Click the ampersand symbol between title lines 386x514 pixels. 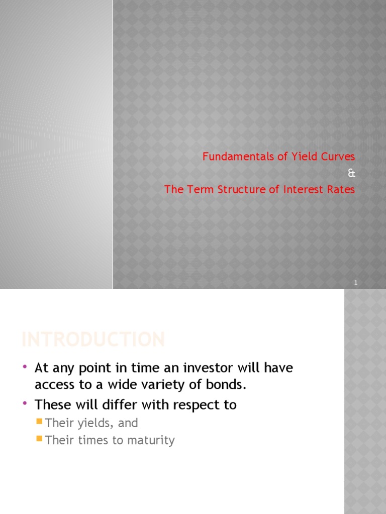point(351,173)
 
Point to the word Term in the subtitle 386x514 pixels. point(195,190)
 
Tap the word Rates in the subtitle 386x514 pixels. point(342,190)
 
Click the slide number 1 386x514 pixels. point(355,283)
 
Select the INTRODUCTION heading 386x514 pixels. point(93,340)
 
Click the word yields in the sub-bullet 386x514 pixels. point(95,423)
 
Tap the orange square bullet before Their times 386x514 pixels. point(40,439)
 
